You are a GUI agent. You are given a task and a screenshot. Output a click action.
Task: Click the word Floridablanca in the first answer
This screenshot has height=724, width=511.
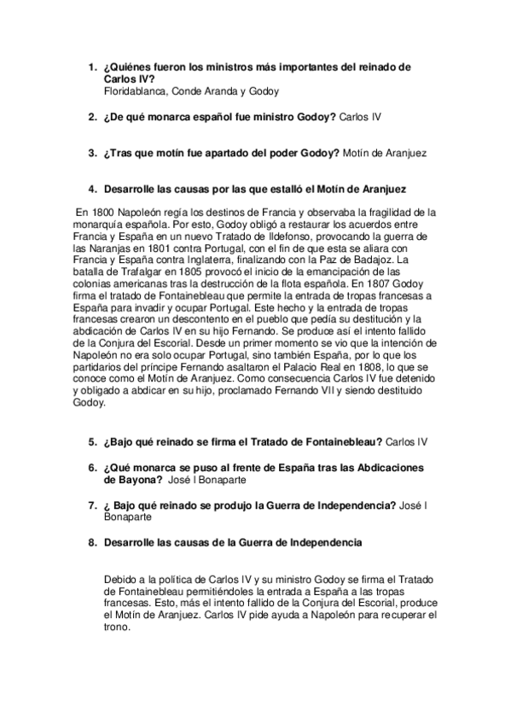pyautogui.click(x=135, y=90)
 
